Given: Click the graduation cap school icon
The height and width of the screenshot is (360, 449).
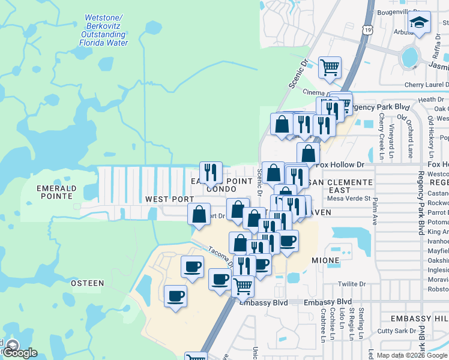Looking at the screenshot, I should pyautogui.click(x=420, y=23).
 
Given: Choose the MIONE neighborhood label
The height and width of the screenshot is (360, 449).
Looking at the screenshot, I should pyautogui.click(x=325, y=261).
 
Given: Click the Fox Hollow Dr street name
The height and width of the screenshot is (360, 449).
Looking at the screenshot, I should pyautogui.click(x=340, y=164).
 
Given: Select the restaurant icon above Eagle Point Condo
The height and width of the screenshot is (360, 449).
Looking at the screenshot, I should pyautogui.click(x=211, y=173).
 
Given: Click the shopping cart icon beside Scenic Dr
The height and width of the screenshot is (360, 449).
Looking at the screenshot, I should pyautogui.click(x=330, y=68).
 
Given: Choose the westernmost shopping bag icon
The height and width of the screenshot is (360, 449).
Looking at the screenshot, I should pyautogui.click(x=199, y=214).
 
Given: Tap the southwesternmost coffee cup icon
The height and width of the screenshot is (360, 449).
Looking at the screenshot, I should pyautogui.click(x=175, y=296).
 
